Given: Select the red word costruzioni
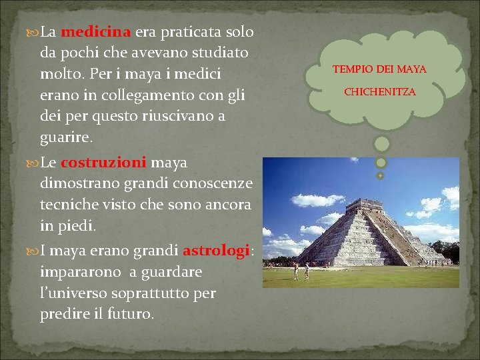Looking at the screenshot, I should coord(103,163).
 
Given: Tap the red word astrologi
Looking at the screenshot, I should coord(215,251).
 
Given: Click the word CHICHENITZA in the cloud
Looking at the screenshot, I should coord(379,91).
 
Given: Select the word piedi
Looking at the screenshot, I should coord(77,226).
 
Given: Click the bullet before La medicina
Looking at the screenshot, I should coord(33,32).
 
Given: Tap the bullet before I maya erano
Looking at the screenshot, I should coord(33,251).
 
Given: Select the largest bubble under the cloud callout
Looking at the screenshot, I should coord(381,143).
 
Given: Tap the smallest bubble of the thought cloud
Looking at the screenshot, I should coord(381,175).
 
